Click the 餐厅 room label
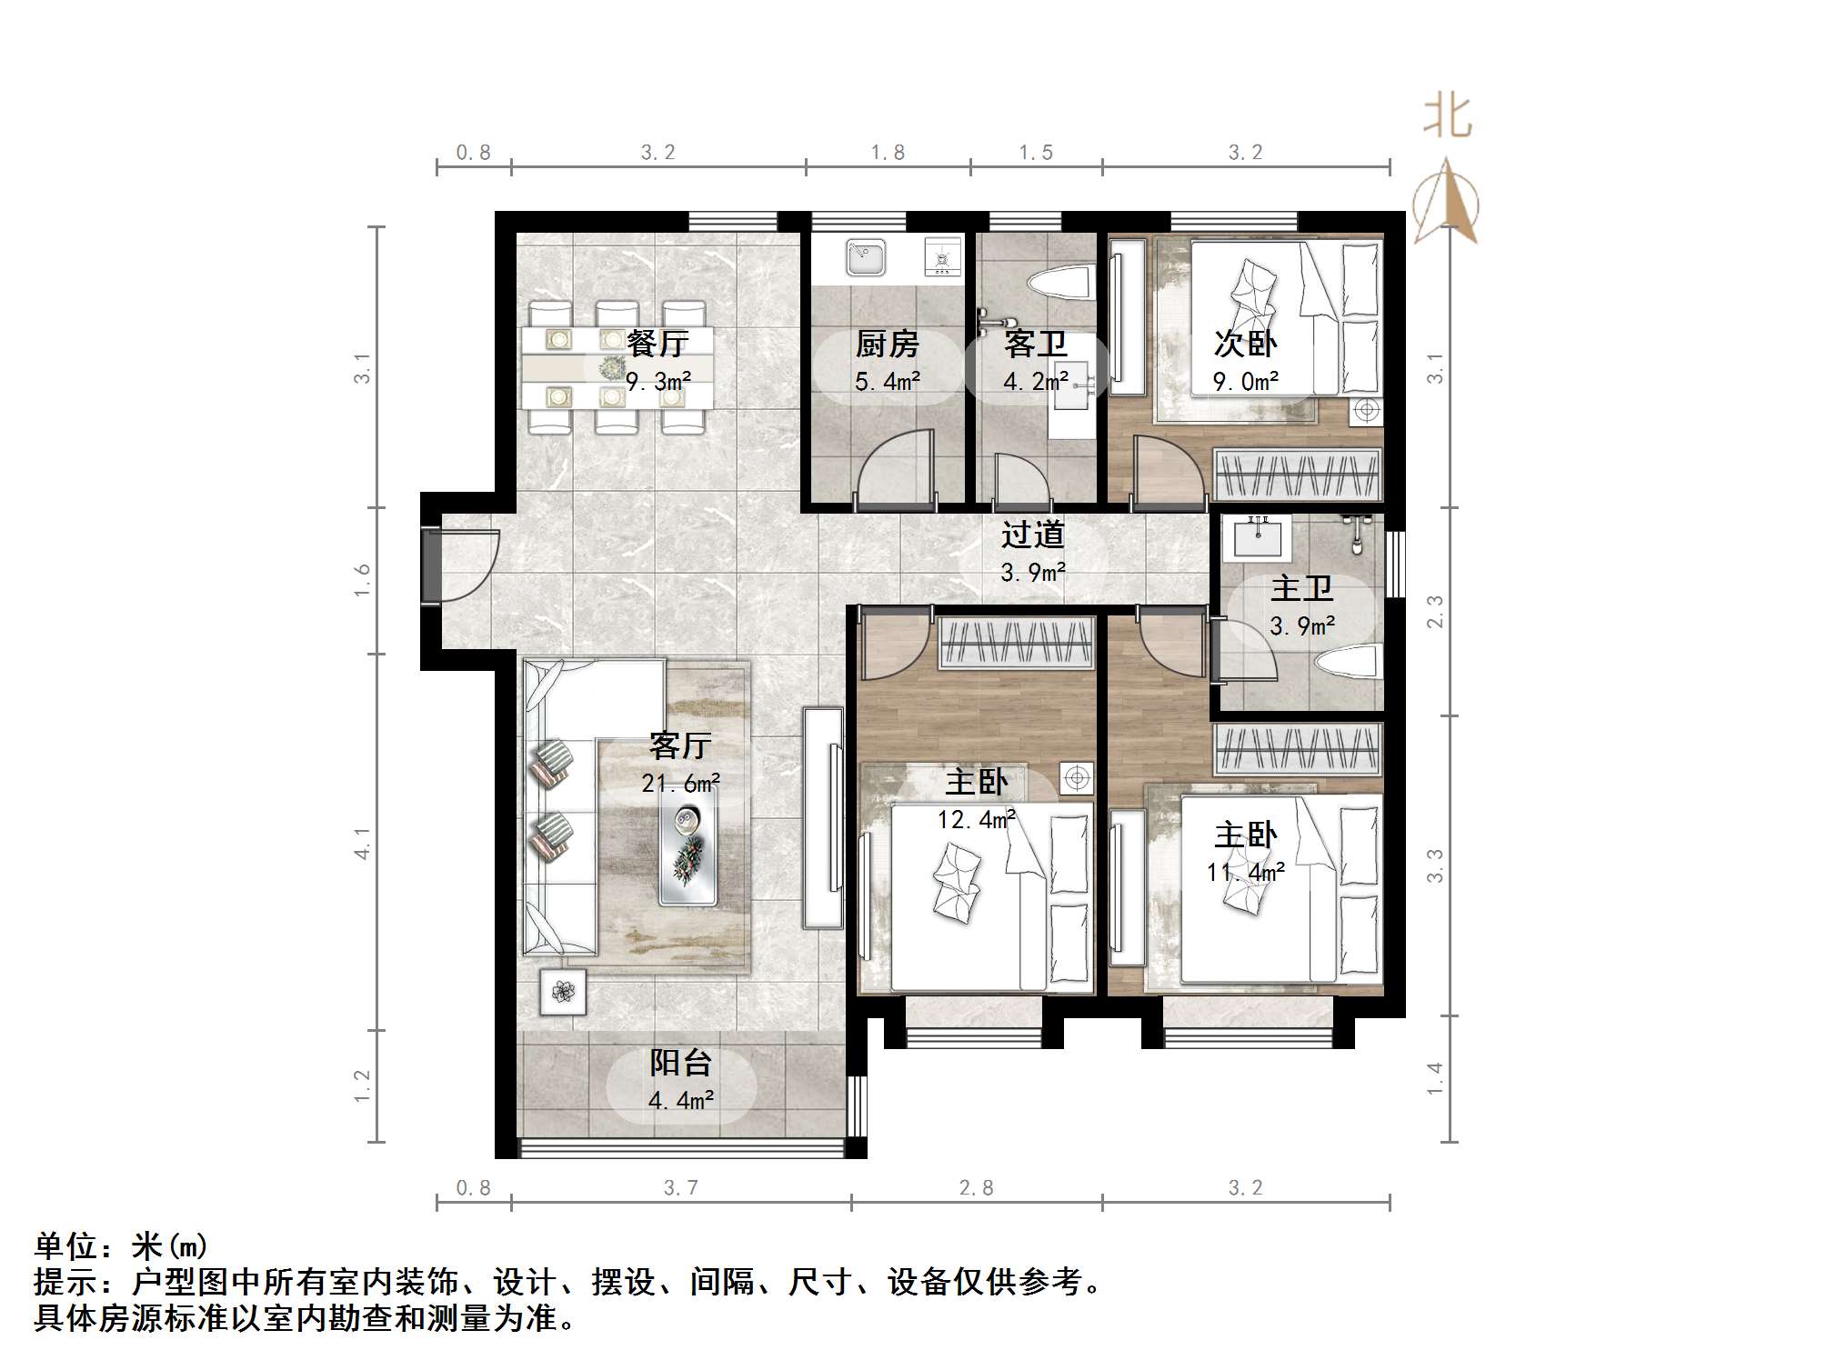(x=658, y=344)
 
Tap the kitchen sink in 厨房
(x=865, y=257)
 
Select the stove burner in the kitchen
(x=942, y=257)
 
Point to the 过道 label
(x=1032, y=535)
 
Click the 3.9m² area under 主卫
(x=1302, y=626)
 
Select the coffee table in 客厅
(x=688, y=846)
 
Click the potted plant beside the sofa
(x=564, y=992)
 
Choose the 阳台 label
(x=680, y=1063)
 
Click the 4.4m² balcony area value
(x=680, y=1101)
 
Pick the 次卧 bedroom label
(x=1245, y=344)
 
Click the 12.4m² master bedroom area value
(x=977, y=820)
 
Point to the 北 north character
(x=1447, y=116)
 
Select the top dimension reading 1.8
(x=888, y=153)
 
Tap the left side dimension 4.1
(x=362, y=843)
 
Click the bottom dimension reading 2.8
(x=976, y=1188)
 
